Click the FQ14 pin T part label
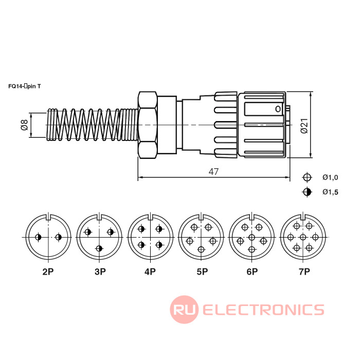[28, 86]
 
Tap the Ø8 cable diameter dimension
[24, 125]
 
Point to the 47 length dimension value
[213, 172]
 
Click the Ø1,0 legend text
[330, 177]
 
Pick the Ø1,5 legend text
[330, 192]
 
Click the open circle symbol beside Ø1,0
[307, 177]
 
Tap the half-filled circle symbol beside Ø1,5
[307, 192]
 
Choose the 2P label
[48, 272]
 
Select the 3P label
[99, 272]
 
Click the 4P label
[150, 272]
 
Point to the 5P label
[201, 272]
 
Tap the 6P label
[251, 272]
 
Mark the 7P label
[303, 272]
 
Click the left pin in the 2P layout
[38, 237]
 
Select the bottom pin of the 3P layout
[99, 249]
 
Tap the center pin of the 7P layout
[303, 237]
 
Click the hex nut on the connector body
[148, 125]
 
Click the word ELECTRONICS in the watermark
[263, 310]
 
